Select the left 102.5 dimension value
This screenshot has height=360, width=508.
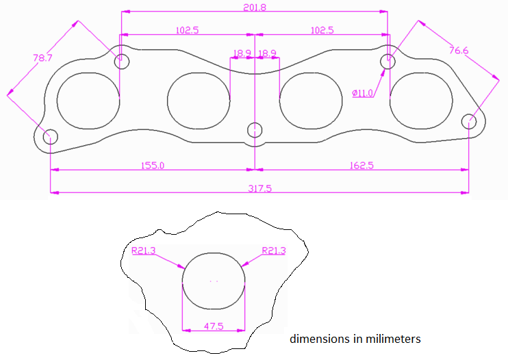coord(187,30)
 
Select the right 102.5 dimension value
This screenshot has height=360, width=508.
coord(322,30)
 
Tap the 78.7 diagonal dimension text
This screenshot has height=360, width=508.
coord(42,58)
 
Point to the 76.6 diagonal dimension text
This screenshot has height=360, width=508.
coord(459,50)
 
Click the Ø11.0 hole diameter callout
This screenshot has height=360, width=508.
coord(362,93)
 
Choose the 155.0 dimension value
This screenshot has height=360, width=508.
coord(153,165)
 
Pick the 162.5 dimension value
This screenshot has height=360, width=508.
coord(361,165)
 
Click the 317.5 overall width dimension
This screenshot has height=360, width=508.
coord(259,188)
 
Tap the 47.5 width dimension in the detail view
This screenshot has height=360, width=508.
coord(214,326)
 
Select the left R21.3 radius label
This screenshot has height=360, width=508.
coord(144,251)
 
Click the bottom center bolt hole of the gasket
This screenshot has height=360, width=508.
coord(255,130)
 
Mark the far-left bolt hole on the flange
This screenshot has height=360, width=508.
coord(51,136)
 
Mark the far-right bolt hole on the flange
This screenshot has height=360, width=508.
coord(469,122)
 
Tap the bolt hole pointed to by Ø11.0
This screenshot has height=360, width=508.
coord(388,60)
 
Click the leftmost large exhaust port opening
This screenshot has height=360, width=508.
coord(88,100)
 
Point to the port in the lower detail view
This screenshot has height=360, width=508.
coord(214,281)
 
